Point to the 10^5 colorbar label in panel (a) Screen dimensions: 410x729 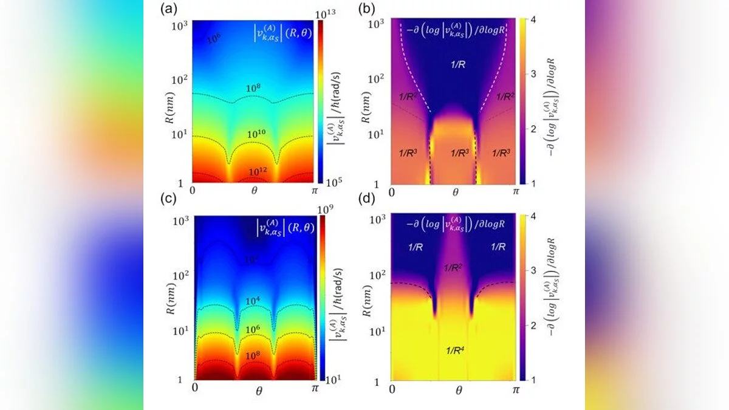click(329, 180)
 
